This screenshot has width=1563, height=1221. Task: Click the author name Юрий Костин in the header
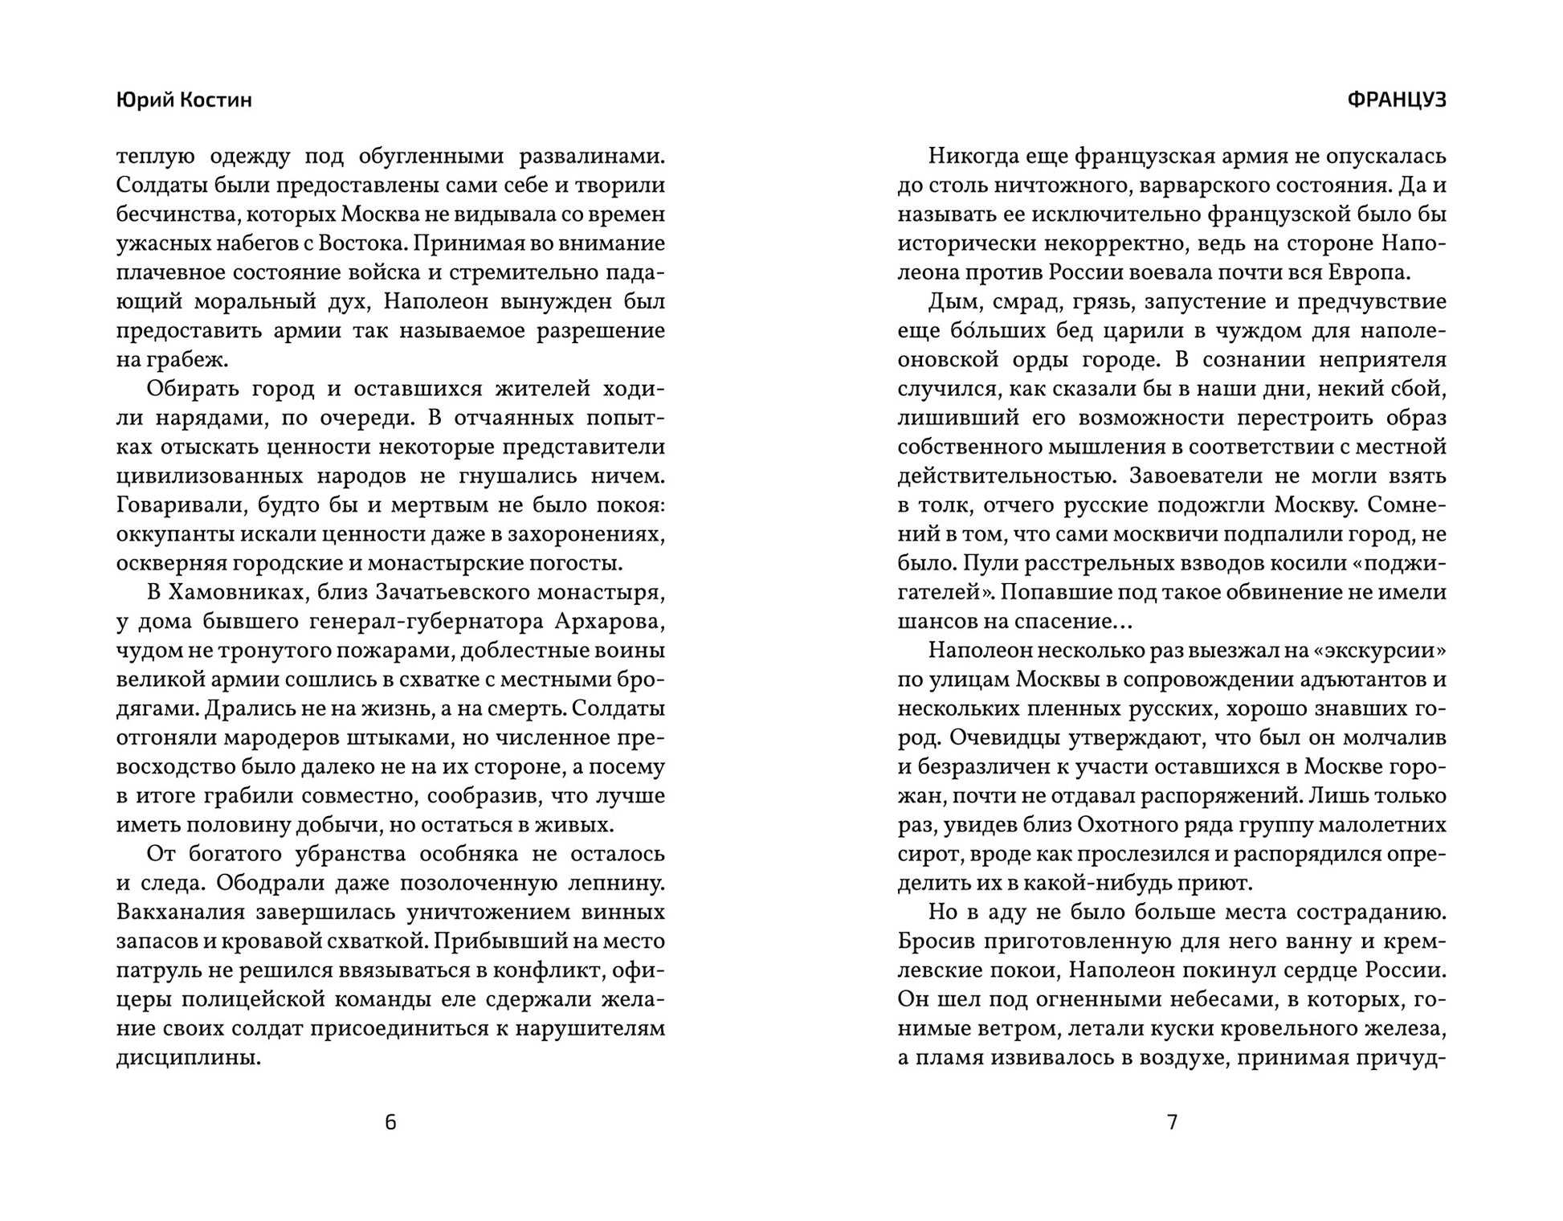click(x=184, y=100)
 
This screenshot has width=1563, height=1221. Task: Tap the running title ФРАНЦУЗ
click(x=1396, y=100)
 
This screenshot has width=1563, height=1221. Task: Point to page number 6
click(x=391, y=1122)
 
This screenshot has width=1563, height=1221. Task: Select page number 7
click(x=1172, y=1122)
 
